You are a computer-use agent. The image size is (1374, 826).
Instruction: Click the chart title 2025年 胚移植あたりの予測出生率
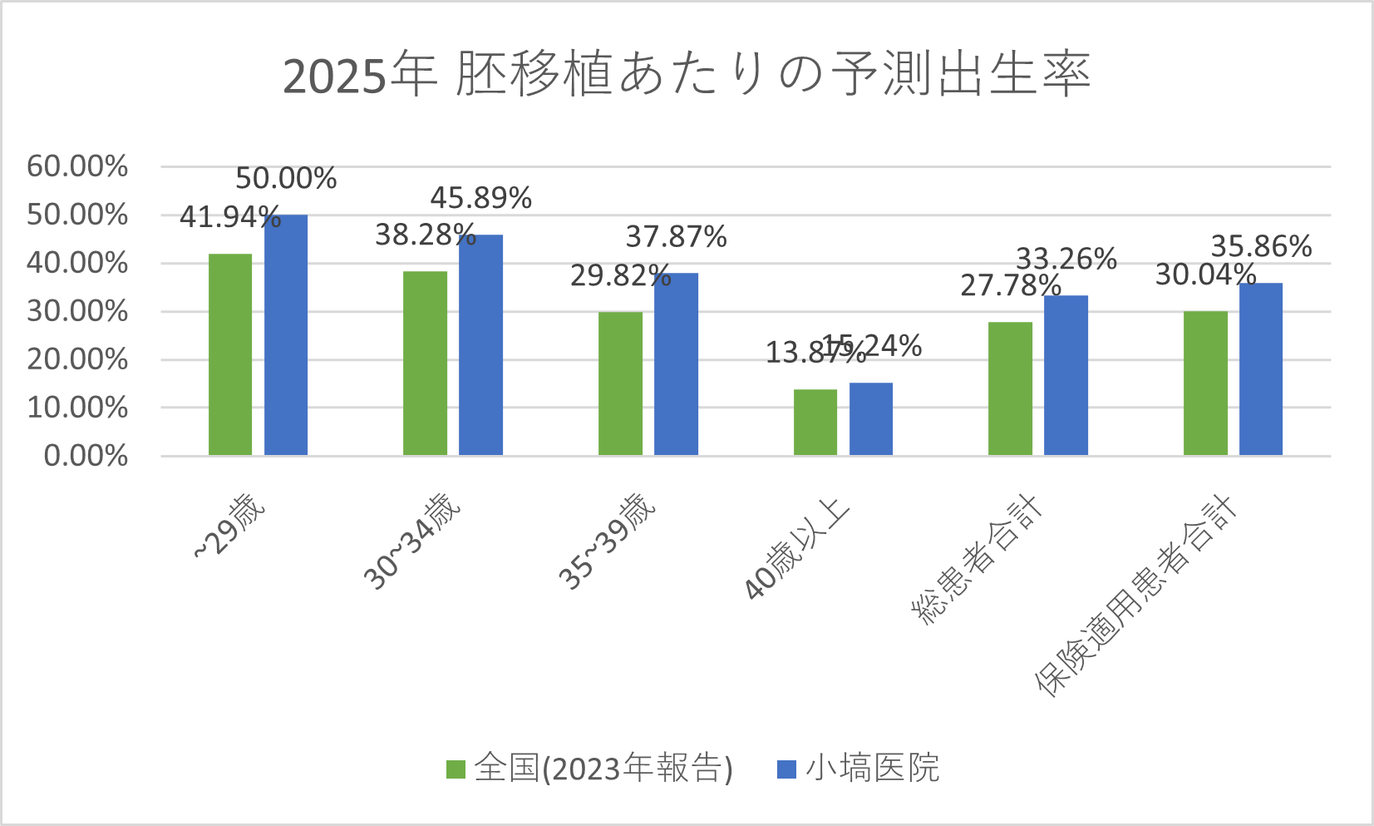tap(687, 75)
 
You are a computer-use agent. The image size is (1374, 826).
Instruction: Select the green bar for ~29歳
tap(230, 354)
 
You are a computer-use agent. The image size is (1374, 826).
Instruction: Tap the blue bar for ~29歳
tap(286, 335)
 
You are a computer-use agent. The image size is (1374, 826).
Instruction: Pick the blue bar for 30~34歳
tap(480, 345)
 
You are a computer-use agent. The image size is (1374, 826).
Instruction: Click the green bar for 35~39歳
tap(620, 383)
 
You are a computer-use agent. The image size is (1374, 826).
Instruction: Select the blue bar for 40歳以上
tap(870, 419)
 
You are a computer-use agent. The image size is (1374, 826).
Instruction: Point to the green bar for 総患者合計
tap(1010, 388)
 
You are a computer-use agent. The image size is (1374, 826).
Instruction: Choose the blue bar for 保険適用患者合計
tap(1260, 369)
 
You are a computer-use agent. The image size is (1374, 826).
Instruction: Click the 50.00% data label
tap(286, 179)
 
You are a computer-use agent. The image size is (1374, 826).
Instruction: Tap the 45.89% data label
tap(480, 198)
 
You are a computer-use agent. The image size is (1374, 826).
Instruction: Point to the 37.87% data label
tap(676, 237)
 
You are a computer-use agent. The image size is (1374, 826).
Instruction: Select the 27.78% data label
tap(1010, 286)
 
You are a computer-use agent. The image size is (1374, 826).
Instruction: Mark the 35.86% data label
tap(1261, 246)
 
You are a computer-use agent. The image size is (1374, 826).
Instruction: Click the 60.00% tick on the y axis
tap(77, 166)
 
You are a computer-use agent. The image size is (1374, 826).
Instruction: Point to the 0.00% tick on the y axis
tap(86, 456)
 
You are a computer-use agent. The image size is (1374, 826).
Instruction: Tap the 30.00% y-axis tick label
tap(77, 312)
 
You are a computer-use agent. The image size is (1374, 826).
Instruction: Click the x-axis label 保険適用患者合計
tap(1135, 596)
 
